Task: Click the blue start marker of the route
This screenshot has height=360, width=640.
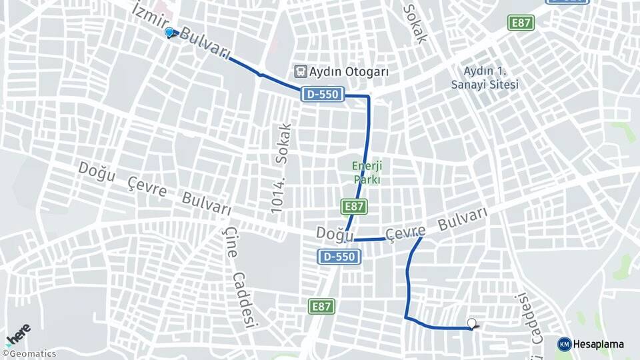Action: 170,32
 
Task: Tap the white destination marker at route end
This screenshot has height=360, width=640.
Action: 472,324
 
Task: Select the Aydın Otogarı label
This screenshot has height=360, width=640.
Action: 348,72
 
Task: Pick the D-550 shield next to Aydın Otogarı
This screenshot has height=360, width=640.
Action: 323,95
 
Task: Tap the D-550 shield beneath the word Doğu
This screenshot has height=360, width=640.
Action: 340,257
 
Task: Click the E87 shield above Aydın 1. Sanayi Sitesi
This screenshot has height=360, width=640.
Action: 521,23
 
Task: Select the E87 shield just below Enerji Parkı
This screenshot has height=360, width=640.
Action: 354,207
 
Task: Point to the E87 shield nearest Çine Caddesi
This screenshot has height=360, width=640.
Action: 321,306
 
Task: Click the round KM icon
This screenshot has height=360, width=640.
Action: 565,344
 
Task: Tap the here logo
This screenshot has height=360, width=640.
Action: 18,333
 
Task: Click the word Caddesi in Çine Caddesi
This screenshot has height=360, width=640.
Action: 244,300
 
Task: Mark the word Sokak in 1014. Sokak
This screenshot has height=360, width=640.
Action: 283,143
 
